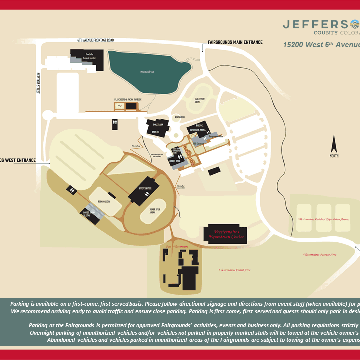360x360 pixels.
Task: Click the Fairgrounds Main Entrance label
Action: tap(235, 42)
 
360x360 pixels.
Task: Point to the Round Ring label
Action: tap(180, 117)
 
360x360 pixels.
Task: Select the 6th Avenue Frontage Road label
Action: tap(96, 40)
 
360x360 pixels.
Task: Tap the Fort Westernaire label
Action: tap(176, 246)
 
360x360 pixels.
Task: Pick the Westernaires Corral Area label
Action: tap(235, 270)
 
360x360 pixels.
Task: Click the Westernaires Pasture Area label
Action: tap(320, 255)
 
